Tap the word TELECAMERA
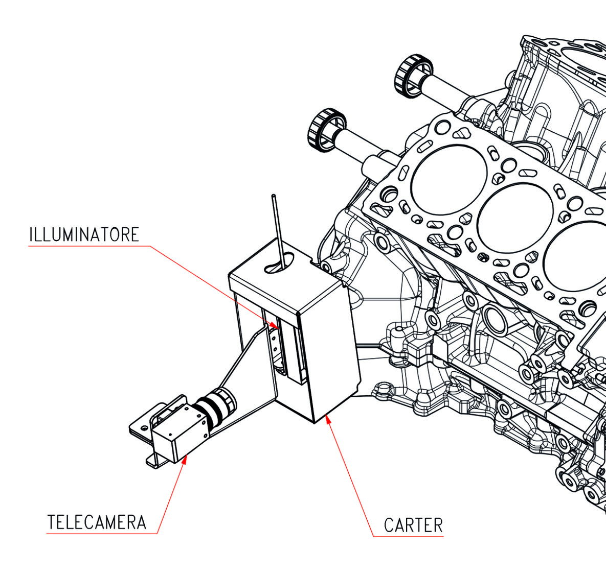97,522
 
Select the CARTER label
413,525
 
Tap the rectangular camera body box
179,429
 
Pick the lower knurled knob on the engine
326,130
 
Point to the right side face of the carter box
332,352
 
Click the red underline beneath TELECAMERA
102,534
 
